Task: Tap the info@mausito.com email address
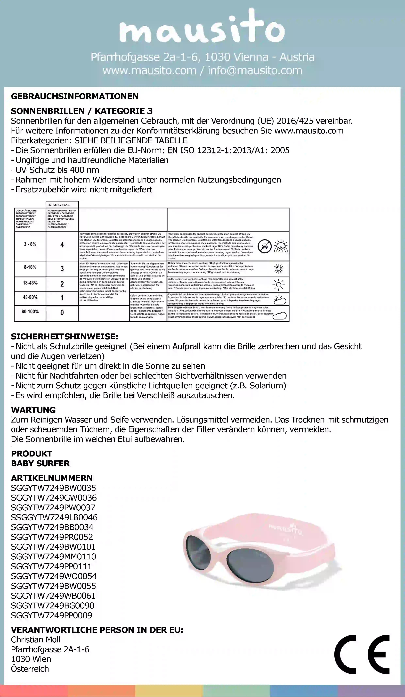click(255, 71)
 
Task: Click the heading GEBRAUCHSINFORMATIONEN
click(75, 96)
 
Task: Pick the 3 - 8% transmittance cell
click(30, 244)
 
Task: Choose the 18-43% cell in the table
click(30, 283)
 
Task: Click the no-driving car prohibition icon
click(264, 246)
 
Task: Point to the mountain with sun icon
click(281, 246)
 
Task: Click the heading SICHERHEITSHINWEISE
click(64, 337)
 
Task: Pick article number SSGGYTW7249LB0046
click(54, 517)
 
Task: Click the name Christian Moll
click(36, 640)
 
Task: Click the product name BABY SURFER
click(40, 463)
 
